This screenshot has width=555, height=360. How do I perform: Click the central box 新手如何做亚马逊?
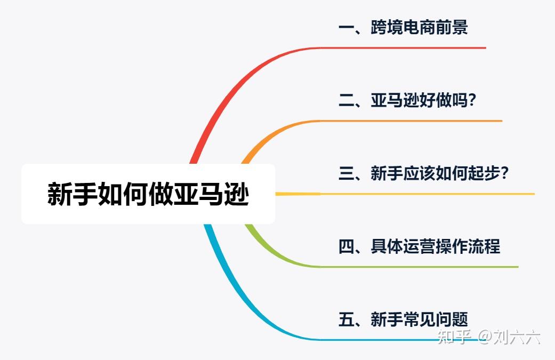(148, 194)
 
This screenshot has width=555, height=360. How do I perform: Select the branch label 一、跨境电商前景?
(403, 27)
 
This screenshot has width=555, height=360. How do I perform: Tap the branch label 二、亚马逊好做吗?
(407, 100)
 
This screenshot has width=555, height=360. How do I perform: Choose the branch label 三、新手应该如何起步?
(423, 173)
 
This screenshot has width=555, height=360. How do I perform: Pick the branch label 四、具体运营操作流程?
(420, 246)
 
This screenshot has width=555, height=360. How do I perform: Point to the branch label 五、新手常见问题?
(403, 319)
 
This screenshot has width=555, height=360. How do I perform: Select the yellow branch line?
(405, 194)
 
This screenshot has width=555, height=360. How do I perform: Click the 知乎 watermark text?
(454, 337)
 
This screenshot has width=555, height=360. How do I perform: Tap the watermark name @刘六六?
(509, 337)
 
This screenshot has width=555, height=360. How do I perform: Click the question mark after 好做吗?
(472, 100)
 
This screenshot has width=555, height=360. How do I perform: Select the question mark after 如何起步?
(504, 173)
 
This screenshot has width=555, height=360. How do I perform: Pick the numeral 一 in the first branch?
(347, 28)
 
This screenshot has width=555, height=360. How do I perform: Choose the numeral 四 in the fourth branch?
(347, 246)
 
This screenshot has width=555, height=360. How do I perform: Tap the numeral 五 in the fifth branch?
(347, 319)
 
